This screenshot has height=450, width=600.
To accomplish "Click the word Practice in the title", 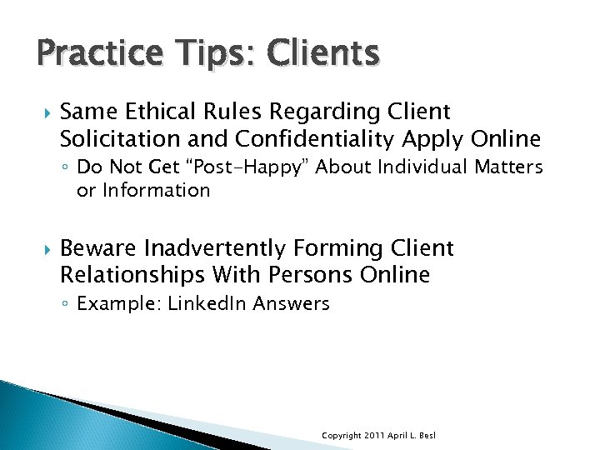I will [90, 54].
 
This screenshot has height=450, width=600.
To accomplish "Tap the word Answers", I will [292, 303].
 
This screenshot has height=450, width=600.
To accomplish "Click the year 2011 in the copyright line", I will [372, 436].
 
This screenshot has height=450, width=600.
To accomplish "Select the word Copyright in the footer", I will [342, 436].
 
